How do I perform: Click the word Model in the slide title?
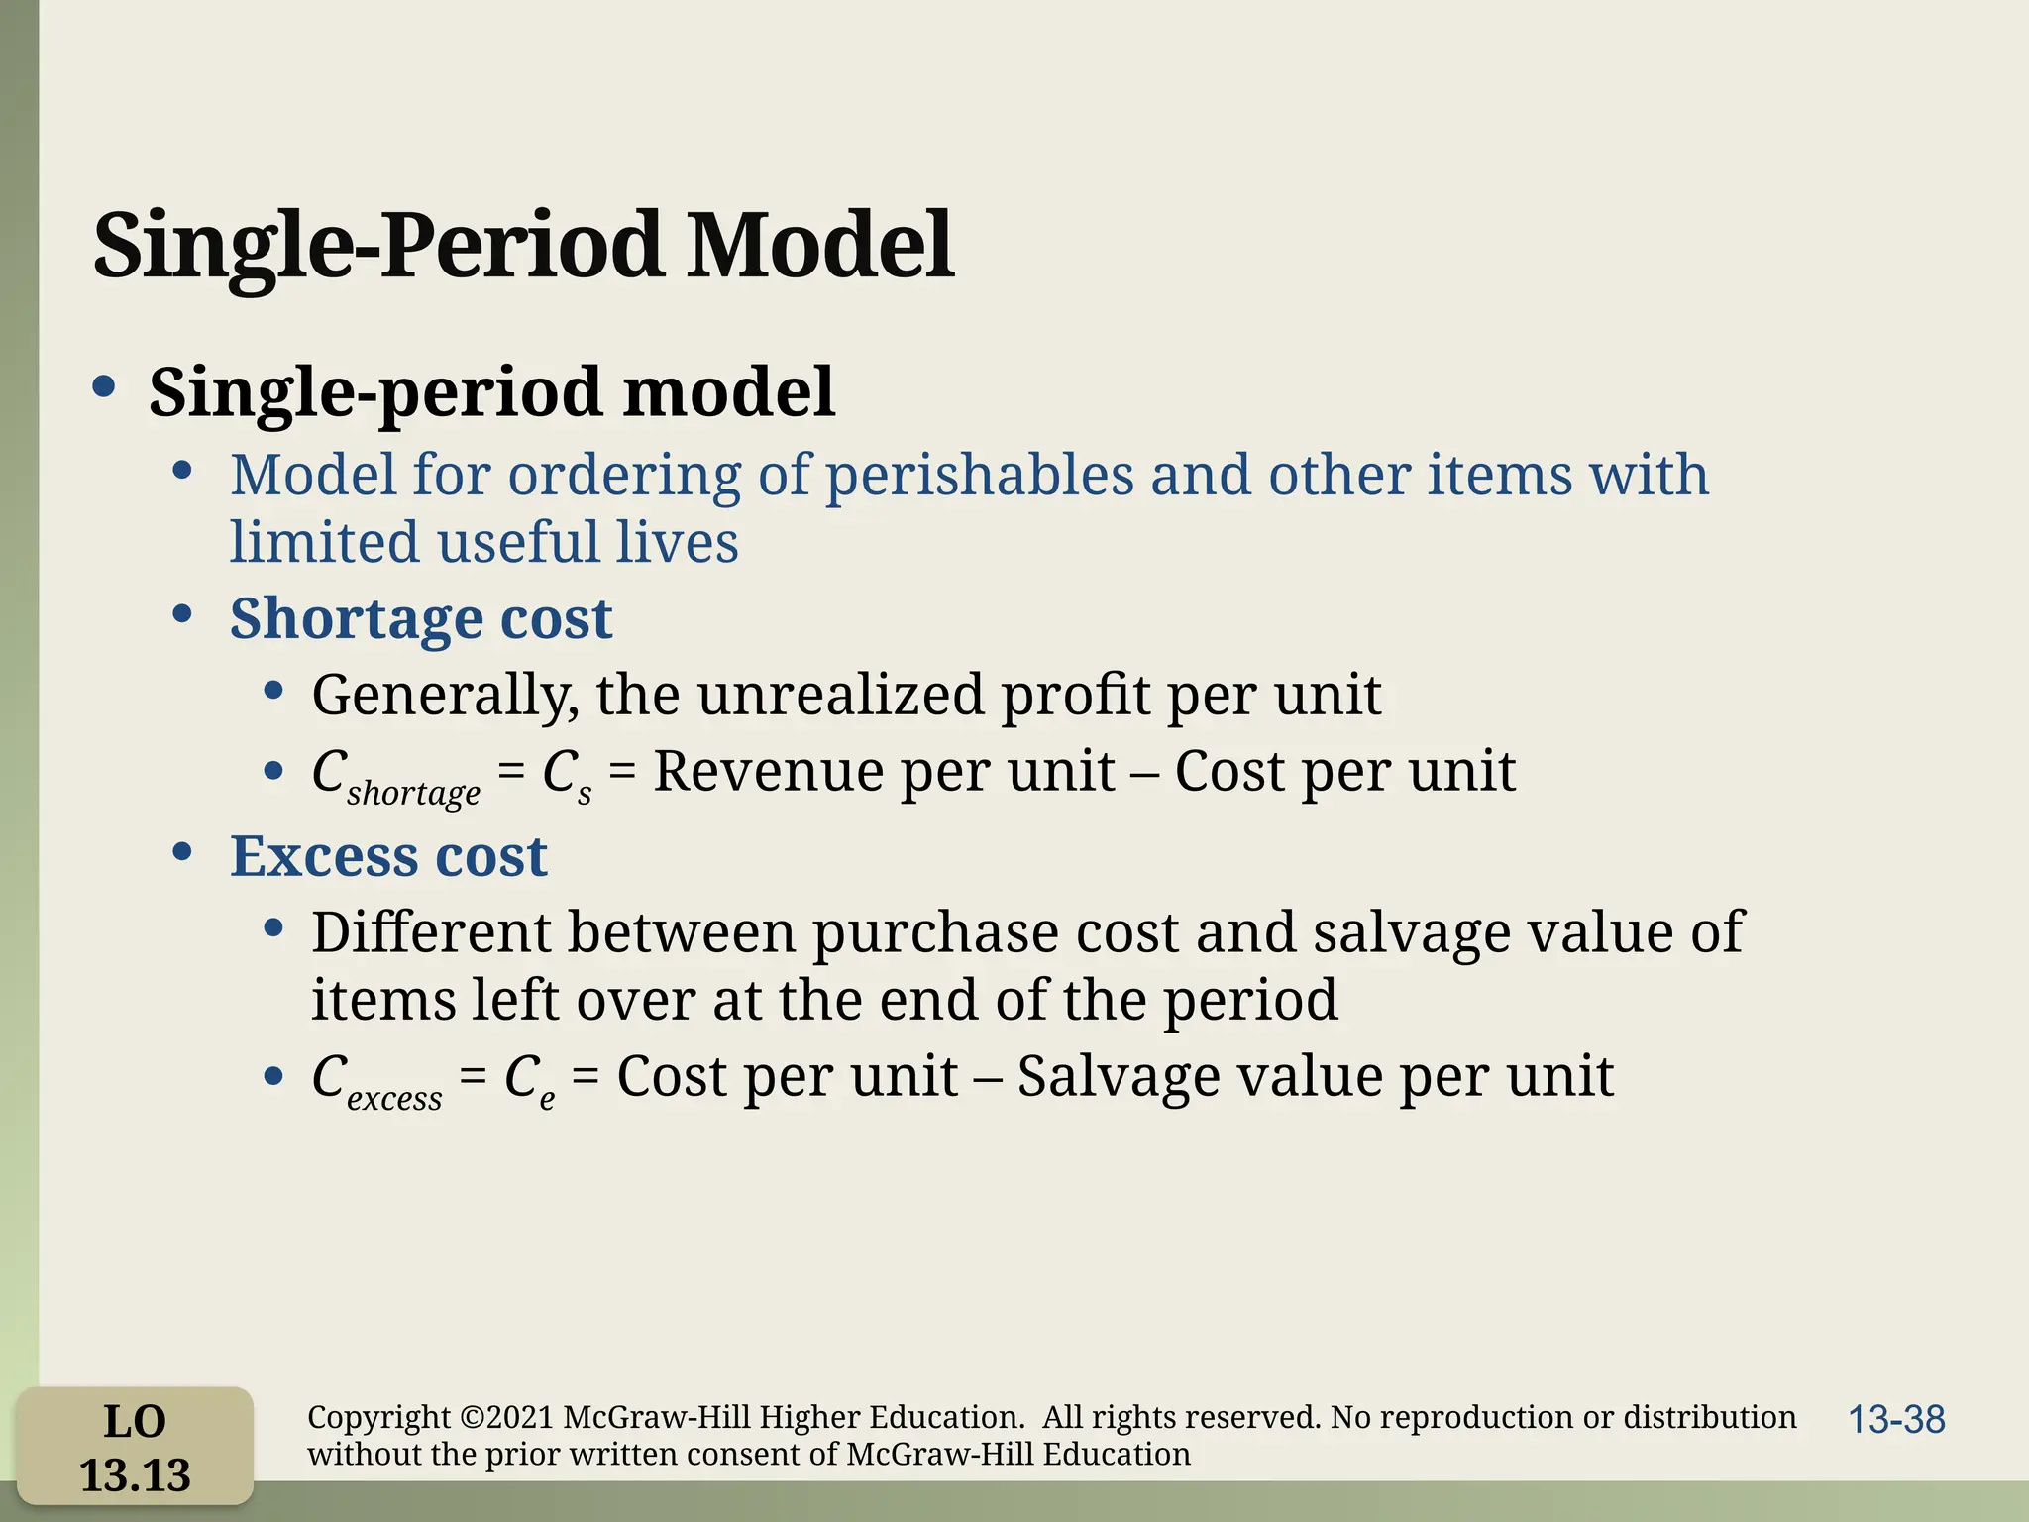pos(819,245)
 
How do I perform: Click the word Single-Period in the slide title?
pos(376,245)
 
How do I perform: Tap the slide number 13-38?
pos(1896,1420)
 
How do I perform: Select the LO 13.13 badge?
pos(135,1447)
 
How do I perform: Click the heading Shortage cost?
pos(421,618)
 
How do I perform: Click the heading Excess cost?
pos(388,856)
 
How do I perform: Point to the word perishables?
pos(979,476)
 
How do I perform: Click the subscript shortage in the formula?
pos(413,793)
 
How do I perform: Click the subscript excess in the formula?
pos(394,1098)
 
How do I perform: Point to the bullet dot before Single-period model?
pos(104,387)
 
